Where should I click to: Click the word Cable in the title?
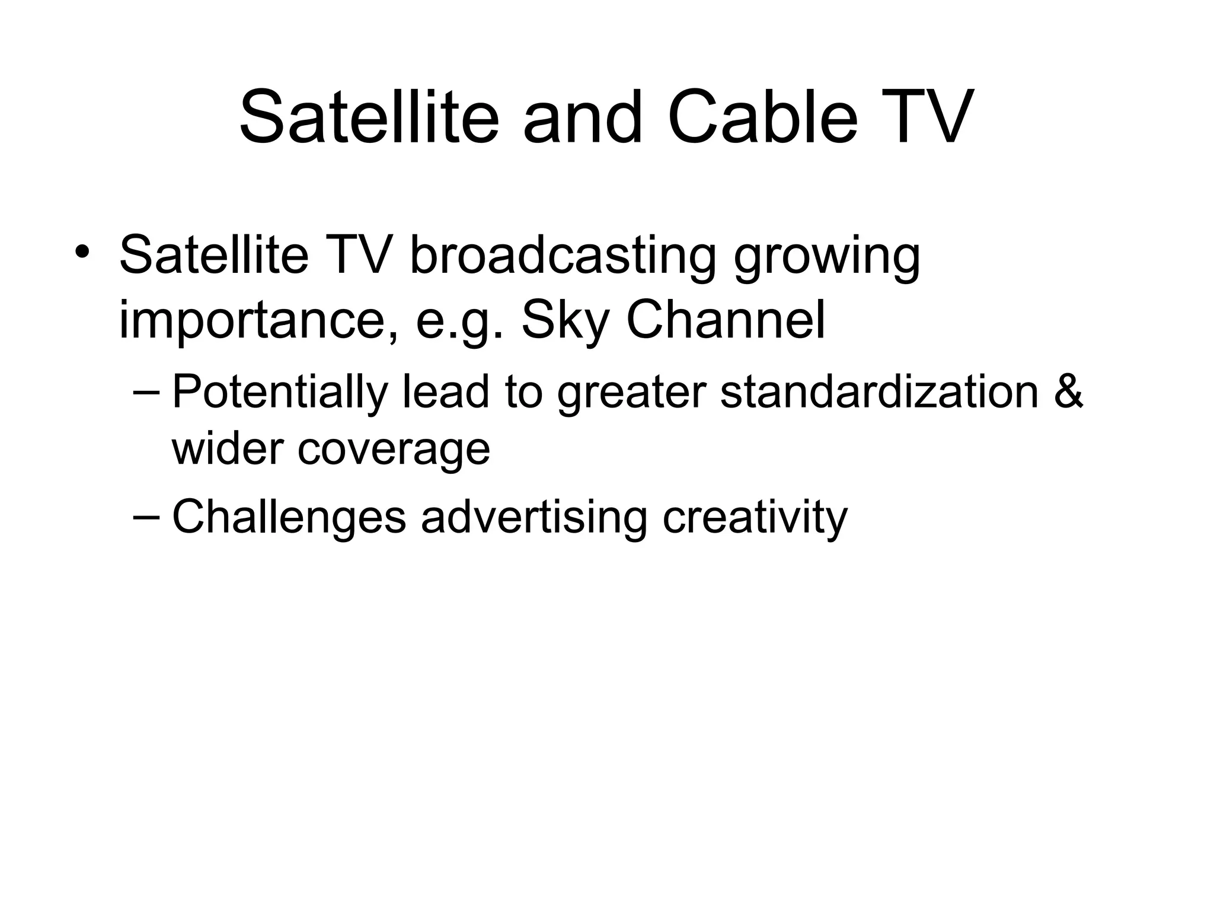pyautogui.click(x=763, y=117)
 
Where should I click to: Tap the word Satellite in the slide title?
pyautogui.click(x=369, y=117)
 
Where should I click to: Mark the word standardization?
pyautogui.click(x=880, y=392)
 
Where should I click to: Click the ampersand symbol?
pyautogui.click(x=1069, y=392)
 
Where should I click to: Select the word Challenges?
pyautogui.click(x=289, y=517)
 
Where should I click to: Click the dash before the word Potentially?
pyautogui.click(x=146, y=392)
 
